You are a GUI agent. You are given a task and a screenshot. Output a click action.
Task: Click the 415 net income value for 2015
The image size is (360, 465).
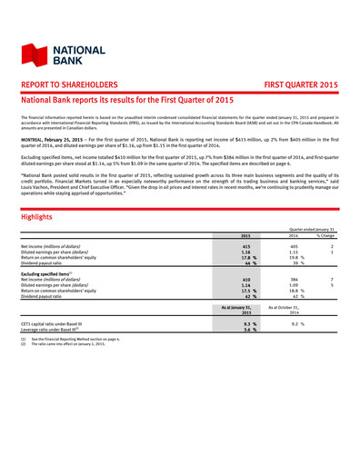(x=246, y=246)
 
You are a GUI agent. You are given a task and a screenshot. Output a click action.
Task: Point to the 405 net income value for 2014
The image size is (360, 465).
(x=293, y=246)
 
